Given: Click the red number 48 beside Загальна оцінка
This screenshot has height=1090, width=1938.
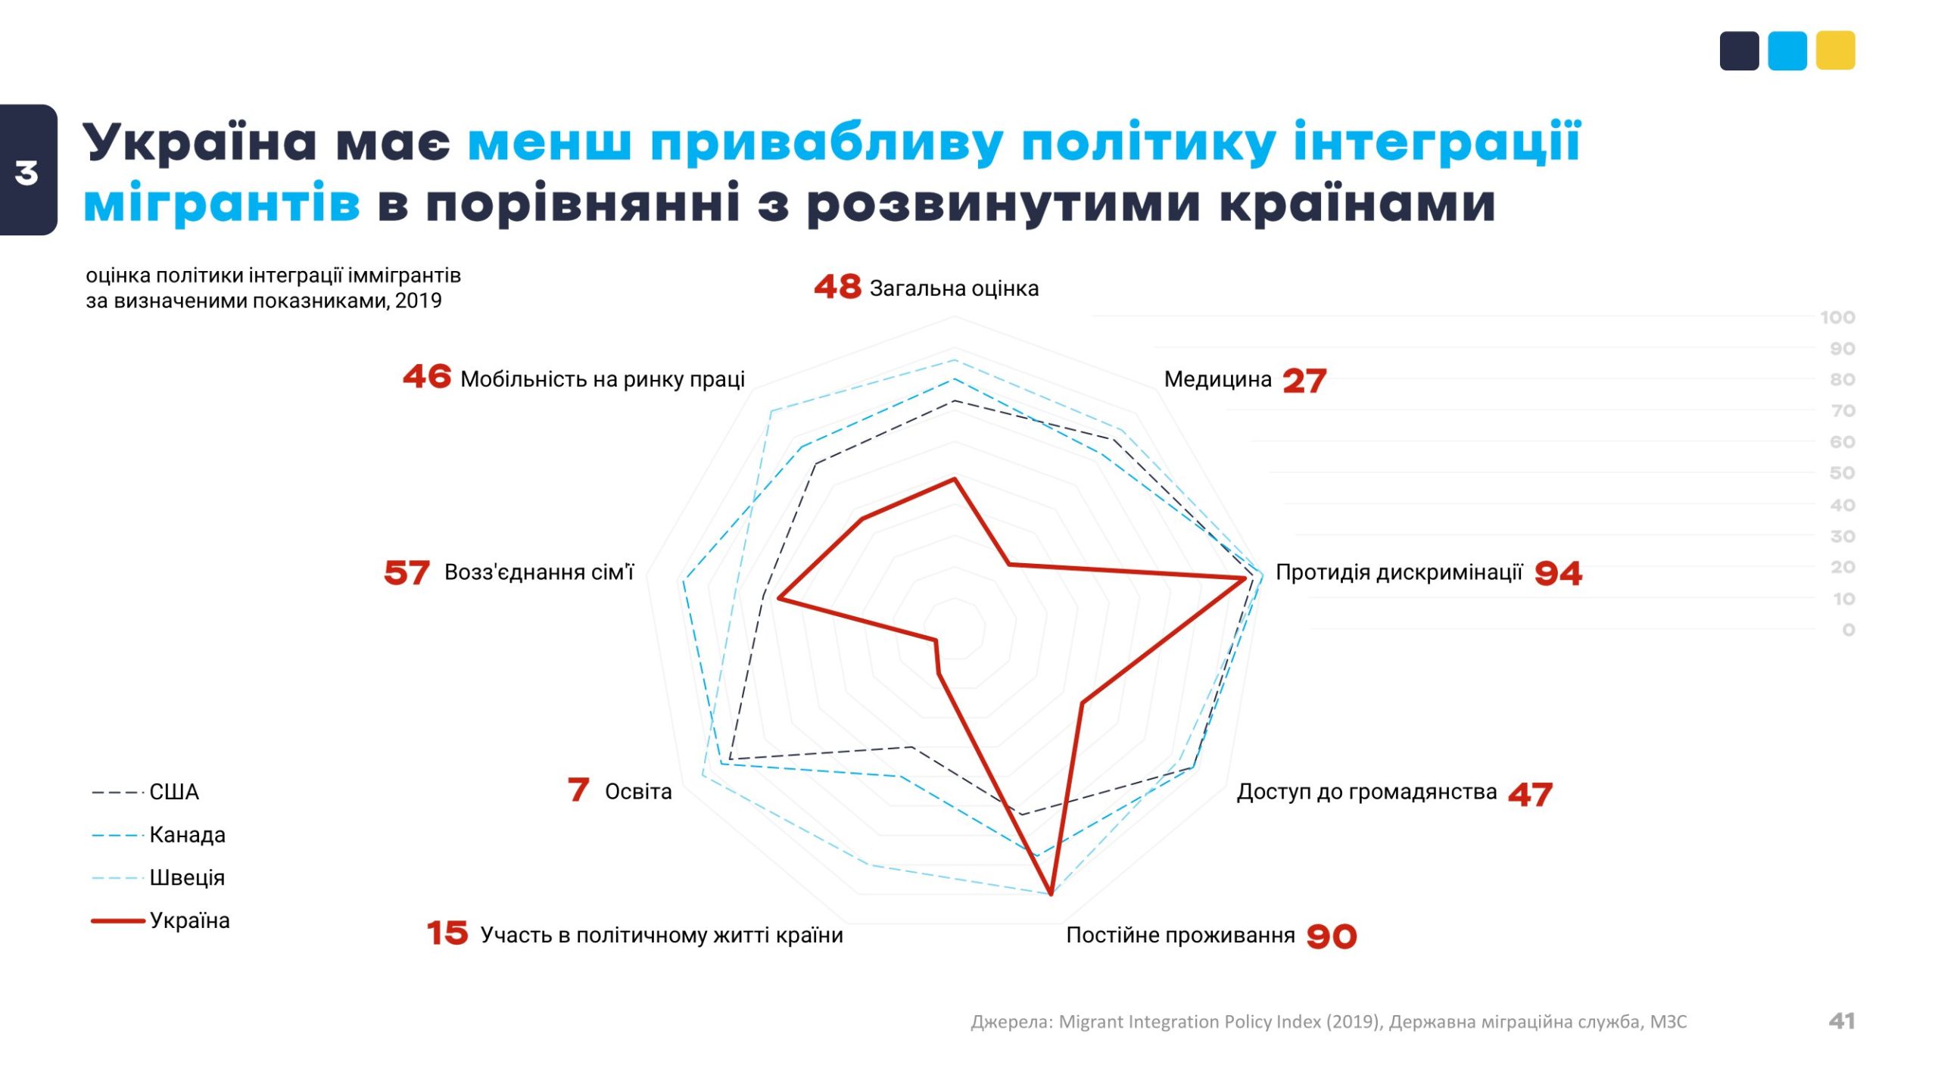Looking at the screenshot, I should coord(837,287).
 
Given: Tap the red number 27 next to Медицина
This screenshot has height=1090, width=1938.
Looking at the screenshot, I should coord(1304,381).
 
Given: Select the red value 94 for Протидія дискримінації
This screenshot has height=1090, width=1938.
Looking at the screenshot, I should coord(1558,573).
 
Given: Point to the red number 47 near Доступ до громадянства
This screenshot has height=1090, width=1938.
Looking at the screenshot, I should coord(1530,794).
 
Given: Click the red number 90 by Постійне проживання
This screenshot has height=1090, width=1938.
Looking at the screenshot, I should coord(1332,936).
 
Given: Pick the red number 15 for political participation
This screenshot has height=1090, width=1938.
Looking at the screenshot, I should coord(447,933).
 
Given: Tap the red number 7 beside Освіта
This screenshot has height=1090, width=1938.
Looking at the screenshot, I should coord(578,789).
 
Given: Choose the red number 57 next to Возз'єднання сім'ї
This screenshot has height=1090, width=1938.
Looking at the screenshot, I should coord(407,573).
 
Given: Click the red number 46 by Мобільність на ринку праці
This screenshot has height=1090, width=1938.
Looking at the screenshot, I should coord(427,376).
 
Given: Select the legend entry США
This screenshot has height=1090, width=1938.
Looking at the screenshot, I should coord(173,792).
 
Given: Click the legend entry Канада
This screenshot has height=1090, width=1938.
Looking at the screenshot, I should coord(187,835).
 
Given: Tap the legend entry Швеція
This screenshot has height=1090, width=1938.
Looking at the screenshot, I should coord(187,878).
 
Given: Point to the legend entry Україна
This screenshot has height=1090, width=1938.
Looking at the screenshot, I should coord(189,920).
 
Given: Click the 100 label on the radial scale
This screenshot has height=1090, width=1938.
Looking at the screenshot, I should coord(1837,318).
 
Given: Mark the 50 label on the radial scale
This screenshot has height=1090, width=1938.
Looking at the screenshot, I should coord(1842,474).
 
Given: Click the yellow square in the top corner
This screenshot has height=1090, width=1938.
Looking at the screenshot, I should coord(1835,51).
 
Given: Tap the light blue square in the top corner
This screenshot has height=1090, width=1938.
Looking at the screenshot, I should coord(1787,51).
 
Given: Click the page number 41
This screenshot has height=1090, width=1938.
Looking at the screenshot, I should coord(1841,1021).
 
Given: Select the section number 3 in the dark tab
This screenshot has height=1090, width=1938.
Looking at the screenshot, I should coord(26,173).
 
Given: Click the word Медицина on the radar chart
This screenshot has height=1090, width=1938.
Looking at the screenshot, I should coord(1217,379).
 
